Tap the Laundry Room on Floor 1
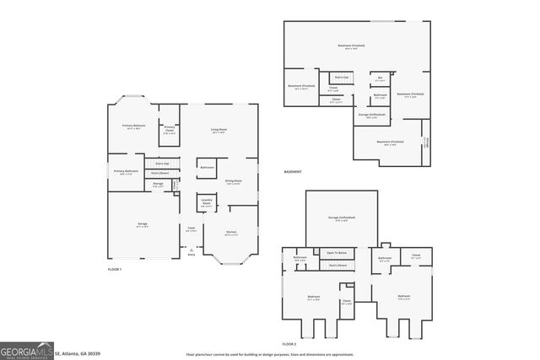[206, 201]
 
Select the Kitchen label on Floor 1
[230, 233]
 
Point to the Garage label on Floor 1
[143, 224]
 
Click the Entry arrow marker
[192, 250]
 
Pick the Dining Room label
[233, 181]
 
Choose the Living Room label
[219, 130]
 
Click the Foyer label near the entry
[192, 228]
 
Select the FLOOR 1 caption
[115, 269]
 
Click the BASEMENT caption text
[293, 172]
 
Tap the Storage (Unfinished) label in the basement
[372, 116]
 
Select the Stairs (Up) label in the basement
[342, 77]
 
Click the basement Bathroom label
[381, 95]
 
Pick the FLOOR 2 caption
[289, 345]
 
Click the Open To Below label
[337, 252]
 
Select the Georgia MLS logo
[26, 350]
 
